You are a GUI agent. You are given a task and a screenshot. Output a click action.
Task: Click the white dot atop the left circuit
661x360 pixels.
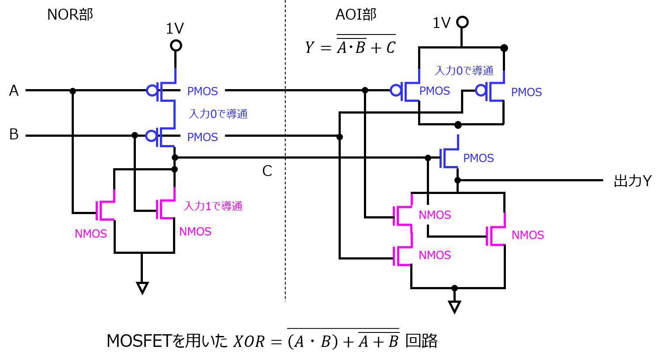pyautogui.click(x=176, y=45)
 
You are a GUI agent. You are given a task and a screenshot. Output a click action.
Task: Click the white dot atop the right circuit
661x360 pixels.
pyautogui.click(x=462, y=22)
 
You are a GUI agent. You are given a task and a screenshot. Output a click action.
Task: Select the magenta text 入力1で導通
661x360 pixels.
pyautogui.click(x=213, y=206)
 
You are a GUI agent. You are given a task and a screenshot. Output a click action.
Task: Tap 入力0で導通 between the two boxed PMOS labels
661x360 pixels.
pyautogui.click(x=218, y=114)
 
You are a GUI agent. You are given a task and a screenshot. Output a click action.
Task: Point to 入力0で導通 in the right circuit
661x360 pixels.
pyautogui.click(x=464, y=71)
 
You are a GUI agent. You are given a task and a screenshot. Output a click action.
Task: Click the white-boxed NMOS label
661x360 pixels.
pyautogui.click(x=435, y=215)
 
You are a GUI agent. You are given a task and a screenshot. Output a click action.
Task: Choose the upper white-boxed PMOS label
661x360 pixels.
pyautogui.click(x=203, y=91)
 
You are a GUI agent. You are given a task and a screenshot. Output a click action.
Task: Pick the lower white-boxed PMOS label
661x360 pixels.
pyautogui.click(x=203, y=137)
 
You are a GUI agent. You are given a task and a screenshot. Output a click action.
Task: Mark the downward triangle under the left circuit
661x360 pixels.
pyautogui.click(x=142, y=287)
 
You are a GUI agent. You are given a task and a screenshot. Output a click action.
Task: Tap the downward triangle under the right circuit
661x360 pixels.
pyautogui.click(x=454, y=306)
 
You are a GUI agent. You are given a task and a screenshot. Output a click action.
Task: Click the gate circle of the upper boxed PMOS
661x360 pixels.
pyautogui.click(x=152, y=90)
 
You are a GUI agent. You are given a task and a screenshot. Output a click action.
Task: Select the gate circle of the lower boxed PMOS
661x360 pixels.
pyautogui.click(x=151, y=136)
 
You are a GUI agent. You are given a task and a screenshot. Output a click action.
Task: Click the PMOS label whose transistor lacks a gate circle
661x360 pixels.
pyautogui.click(x=478, y=158)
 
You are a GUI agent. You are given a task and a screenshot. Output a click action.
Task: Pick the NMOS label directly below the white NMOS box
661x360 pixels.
pyautogui.click(x=435, y=255)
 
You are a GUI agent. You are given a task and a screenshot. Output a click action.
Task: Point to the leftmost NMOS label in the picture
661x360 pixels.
pyautogui.click(x=91, y=234)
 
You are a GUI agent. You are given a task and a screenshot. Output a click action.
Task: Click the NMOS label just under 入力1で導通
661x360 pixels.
pyautogui.click(x=195, y=232)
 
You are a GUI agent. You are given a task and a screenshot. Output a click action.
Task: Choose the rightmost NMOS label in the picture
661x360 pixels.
pyautogui.click(x=528, y=235)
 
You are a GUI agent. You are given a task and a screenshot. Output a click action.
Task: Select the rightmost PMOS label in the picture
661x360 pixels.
pyautogui.click(x=526, y=92)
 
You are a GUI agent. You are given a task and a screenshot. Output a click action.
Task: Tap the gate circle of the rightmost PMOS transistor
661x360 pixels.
pyautogui.click(x=481, y=90)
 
